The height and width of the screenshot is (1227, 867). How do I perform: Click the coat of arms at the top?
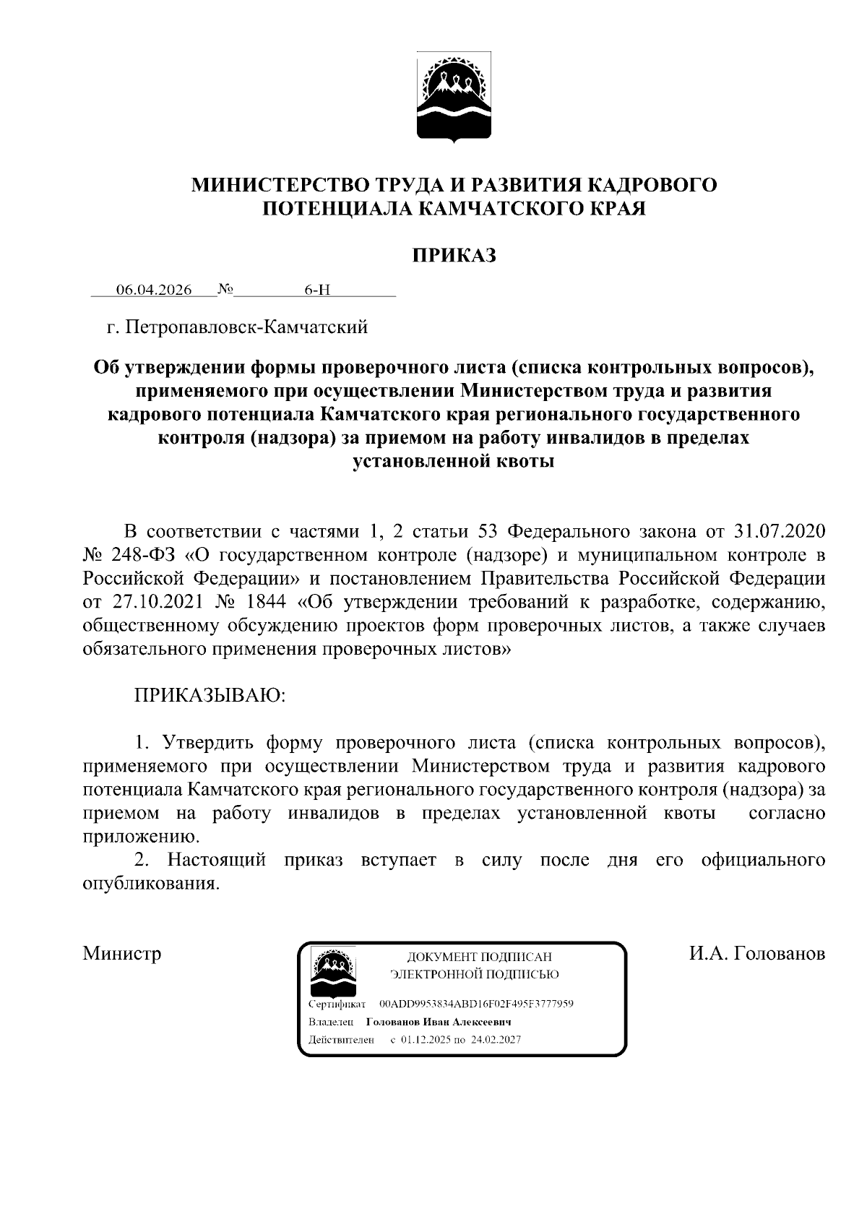[454, 97]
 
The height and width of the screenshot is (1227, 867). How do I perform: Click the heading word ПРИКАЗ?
[454, 255]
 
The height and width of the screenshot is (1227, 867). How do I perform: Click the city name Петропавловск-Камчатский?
[246, 327]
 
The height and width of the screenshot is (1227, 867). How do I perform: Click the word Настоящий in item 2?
[217, 860]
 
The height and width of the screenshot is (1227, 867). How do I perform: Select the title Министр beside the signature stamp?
[122, 953]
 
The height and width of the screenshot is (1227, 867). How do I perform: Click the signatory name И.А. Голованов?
[756, 953]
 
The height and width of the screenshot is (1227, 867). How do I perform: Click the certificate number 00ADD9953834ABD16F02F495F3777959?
[476, 1004]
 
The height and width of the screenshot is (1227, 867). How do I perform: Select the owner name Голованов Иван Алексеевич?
[439, 1022]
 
